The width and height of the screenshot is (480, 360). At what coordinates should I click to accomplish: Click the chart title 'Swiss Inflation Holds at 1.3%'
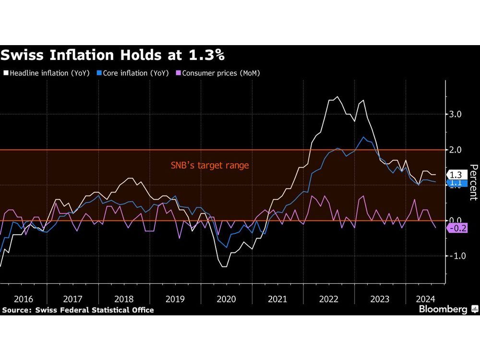click(113, 55)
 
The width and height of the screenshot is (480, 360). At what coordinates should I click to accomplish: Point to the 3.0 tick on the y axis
click(456, 114)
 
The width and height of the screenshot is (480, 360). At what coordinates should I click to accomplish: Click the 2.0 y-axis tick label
click(456, 150)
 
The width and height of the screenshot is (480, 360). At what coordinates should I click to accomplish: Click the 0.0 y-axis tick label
click(456, 220)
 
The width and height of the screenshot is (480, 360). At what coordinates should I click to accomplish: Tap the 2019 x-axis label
click(175, 299)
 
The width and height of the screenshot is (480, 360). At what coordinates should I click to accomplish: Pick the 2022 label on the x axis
click(329, 299)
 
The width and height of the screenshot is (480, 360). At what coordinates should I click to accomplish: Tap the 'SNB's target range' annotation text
click(210, 166)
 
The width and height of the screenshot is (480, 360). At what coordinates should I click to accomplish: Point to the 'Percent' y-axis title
click(473, 182)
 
